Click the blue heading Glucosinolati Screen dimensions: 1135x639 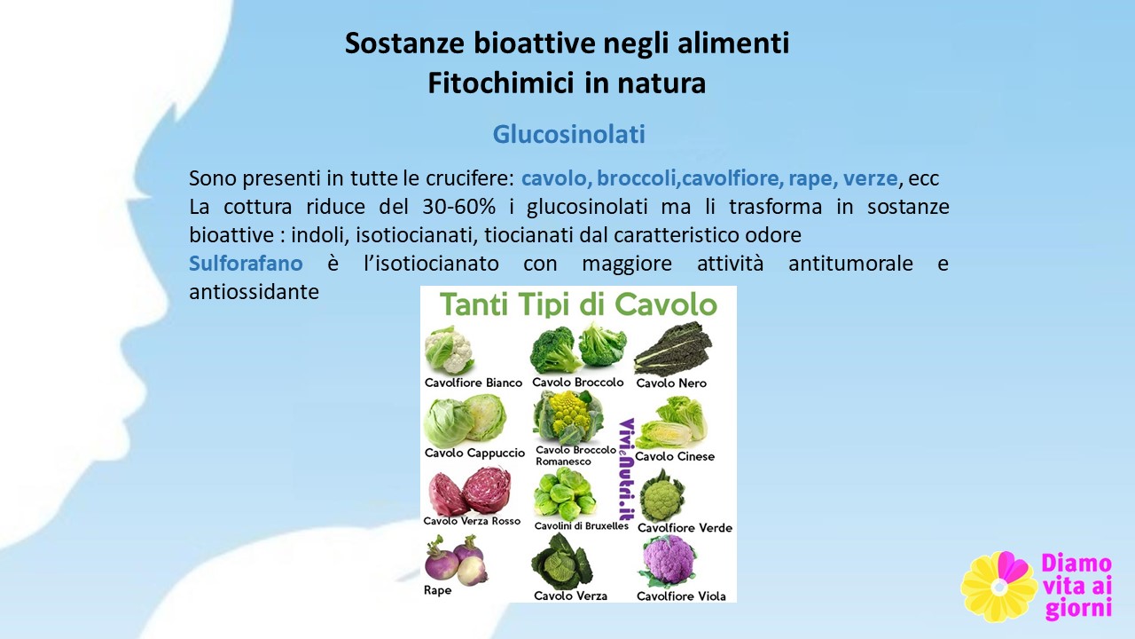(568, 134)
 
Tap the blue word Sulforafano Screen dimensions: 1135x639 (246, 264)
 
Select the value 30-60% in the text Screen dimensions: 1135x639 (458, 207)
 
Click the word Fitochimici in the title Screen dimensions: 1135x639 (501, 83)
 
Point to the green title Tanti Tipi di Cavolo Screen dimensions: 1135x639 (578, 304)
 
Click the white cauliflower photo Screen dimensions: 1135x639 (450, 350)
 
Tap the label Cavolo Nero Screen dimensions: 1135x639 (671, 383)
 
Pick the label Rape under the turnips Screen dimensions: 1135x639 (437, 590)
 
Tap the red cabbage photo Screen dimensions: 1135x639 (469, 491)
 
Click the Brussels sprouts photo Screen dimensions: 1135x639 (564, 494)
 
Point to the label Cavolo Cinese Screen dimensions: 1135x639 (675, 456)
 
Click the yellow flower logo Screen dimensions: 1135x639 (998, 588)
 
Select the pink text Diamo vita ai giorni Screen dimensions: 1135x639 (1077, 587)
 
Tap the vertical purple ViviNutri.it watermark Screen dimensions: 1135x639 (627, 469)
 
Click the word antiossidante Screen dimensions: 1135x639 (254, 292)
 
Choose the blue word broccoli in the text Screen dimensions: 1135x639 (637, 178)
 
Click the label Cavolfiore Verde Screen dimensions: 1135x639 (685, 528)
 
